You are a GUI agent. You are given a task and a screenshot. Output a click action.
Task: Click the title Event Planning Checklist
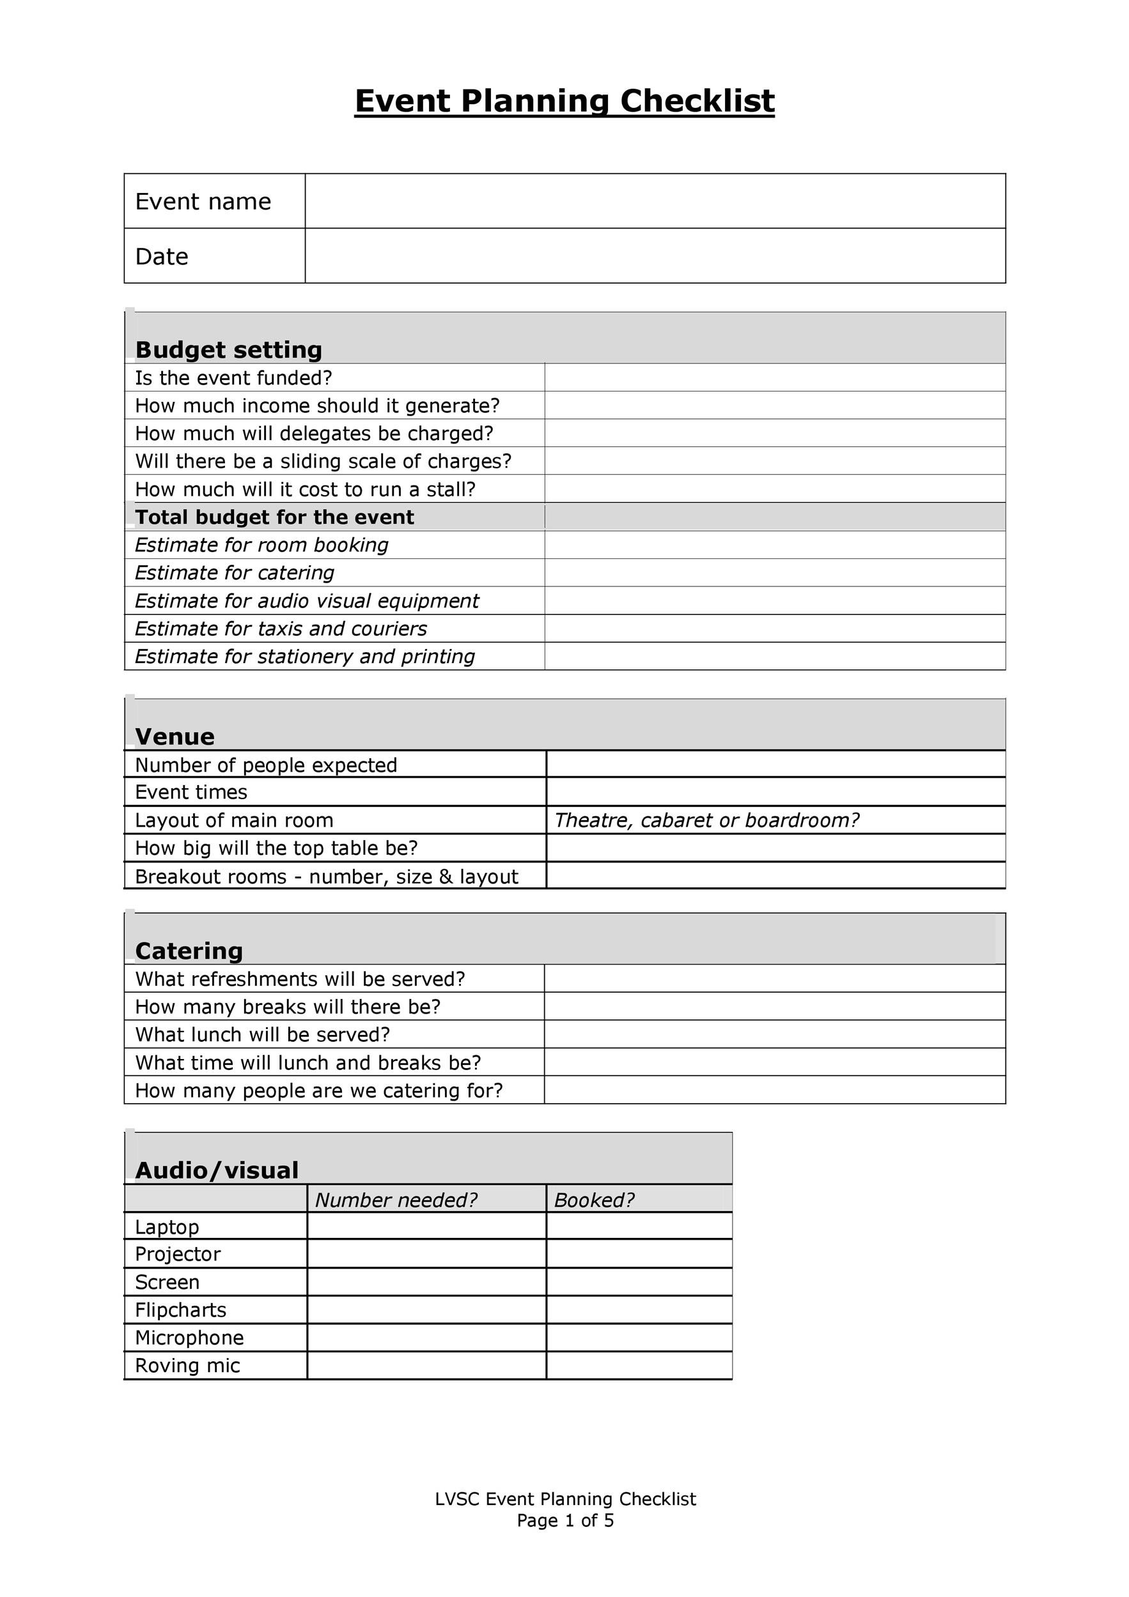pos(564,102)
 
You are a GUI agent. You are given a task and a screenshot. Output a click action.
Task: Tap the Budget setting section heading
pos(228,349)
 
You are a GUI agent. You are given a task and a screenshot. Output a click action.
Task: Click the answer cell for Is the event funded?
pos(774,378)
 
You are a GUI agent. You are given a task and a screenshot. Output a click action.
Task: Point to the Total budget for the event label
pos(274,517)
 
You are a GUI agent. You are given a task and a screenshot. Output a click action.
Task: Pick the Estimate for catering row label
pos(235,573)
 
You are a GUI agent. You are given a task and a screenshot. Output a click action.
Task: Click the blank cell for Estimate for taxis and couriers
pos(774,629)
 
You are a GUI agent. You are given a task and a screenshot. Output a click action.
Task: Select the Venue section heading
pos(175,737)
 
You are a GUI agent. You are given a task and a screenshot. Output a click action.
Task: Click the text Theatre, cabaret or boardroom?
pos(706,821)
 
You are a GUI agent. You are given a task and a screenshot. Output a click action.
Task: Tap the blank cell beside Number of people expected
pos(775,765)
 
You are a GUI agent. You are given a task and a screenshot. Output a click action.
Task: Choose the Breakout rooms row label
pos(327,876)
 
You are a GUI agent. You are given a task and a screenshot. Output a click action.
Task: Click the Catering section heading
pos(189,951)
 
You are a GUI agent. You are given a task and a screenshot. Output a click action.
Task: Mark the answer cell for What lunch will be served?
pos(774,1034)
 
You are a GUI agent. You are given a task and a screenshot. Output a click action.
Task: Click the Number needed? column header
pos(396,1200)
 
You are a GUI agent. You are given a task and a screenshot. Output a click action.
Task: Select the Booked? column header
pos(594,1200)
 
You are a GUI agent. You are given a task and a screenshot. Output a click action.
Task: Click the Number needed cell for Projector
pos(426,1254)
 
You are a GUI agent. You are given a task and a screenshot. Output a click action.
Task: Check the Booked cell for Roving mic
pos(638,1365)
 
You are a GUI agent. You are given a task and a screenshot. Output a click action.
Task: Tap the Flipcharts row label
pos(181,1310)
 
